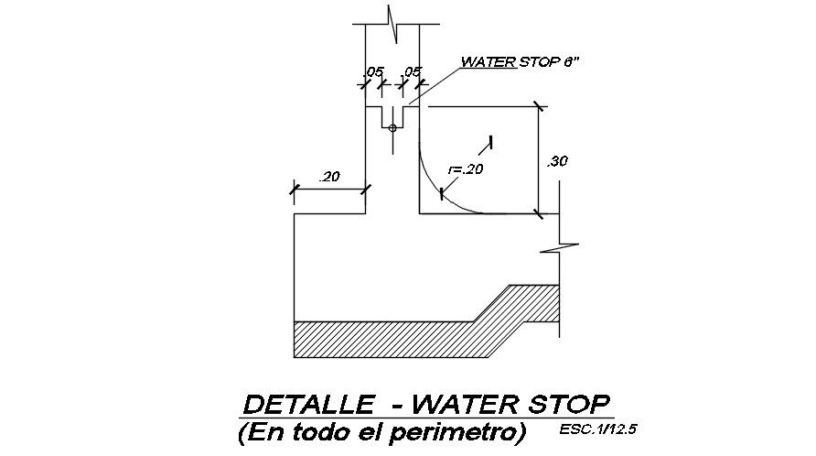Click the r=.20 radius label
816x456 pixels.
click(466, 168)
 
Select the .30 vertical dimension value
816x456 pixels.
click(556, 162)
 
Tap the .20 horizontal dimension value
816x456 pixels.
click(329, 177)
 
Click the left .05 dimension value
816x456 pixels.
click(373, 71)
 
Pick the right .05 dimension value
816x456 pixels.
click(411, 71)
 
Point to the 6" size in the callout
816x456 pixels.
click(572, 63)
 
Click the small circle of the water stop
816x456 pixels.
click(392, 128)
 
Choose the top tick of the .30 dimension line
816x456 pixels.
click(539, 106)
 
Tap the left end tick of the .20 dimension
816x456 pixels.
click(294, 190)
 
